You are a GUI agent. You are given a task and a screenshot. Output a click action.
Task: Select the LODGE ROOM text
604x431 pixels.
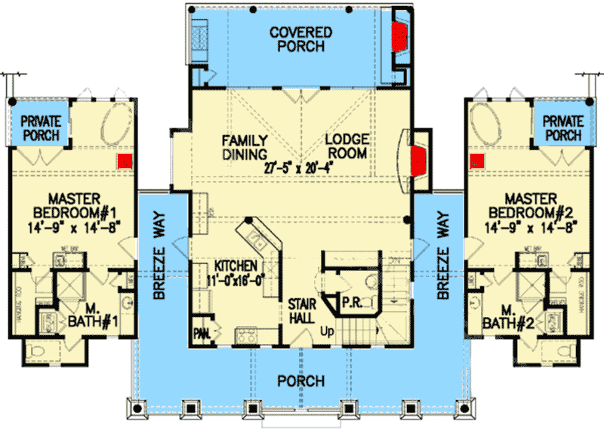click(346, 147)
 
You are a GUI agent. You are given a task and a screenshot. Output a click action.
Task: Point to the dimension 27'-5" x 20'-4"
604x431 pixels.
click(299, 168)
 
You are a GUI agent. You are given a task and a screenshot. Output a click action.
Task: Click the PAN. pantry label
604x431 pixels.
click(201, 332)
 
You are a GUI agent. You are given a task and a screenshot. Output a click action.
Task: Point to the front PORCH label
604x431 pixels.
click(300, 380)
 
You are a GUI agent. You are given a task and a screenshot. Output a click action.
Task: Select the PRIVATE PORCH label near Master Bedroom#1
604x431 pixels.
click(40, 128)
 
